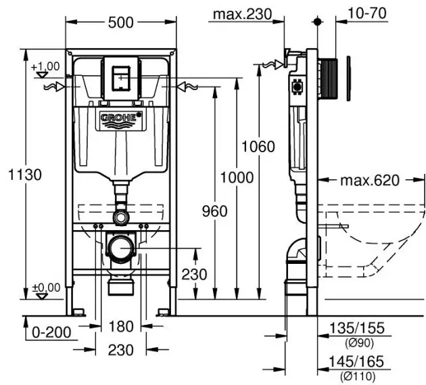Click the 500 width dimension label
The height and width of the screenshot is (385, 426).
pyautogui.click(x=120, y=22)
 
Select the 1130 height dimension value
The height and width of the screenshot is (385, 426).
pyautogui.click(x=25, y=175)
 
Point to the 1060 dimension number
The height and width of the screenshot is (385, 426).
pyautogui.click(x=258, y=147)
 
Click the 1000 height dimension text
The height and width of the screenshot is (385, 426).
pyautogui.click(x=237, y=178)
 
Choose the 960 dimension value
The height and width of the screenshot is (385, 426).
pyautogui.click(x=214, y=211)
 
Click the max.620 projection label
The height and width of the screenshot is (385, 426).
pyautogui.click(x=370, y=180)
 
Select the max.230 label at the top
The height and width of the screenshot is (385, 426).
pyautogui.click(x=242, y=14)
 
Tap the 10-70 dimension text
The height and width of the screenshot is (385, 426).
pyautogui.click(x=366, y=13)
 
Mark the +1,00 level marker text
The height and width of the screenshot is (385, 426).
pyautogui.click(x=45, y=66)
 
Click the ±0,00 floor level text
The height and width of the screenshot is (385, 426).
pyautogui.click(x=46, y=288)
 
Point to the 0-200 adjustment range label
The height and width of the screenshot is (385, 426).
pyautogui.click(x=51, y=332)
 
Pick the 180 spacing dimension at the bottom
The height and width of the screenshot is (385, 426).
pyautogui.click(x=121, y=326)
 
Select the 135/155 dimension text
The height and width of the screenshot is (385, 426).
pyautogui.click(x=357, y=328)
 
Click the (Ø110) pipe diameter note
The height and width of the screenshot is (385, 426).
pyautogui.click(x=358, y=377)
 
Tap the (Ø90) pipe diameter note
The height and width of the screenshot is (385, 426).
pyautogui.click(x=360, y=343)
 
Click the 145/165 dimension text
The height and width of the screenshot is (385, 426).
pyautogui.click(x=356, y=361)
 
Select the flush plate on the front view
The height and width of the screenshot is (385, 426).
pyautogui.click(x=121, y=78)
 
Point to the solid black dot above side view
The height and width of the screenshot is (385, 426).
pyautogui.click(x=317, y=22)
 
